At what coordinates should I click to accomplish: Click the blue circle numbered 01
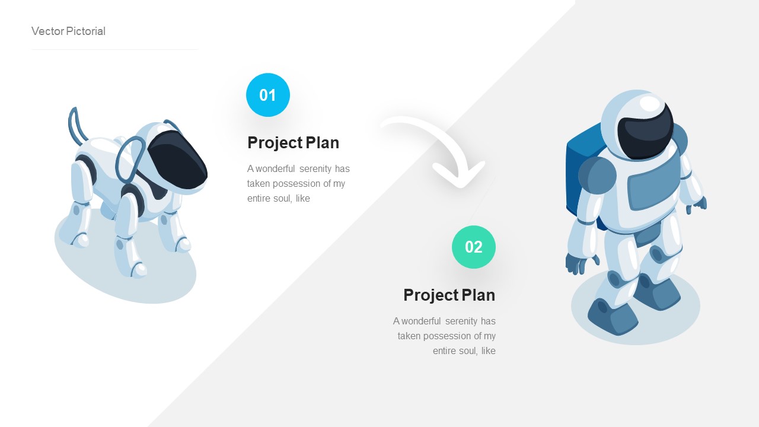[268, 95]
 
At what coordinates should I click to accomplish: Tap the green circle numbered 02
[474, 247]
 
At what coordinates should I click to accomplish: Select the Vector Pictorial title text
[68, 31]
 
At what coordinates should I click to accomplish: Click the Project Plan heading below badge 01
[293, 143]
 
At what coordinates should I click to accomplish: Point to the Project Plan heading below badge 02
[449, 295]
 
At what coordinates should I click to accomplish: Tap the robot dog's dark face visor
[177, 160]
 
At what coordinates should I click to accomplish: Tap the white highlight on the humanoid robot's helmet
[650, 104]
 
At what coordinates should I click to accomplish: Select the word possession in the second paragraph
[454, 336]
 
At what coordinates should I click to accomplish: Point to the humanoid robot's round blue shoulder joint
[597, 174]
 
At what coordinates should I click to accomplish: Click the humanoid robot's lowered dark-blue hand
[575, 263]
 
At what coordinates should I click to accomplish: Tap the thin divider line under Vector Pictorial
[114, 50]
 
